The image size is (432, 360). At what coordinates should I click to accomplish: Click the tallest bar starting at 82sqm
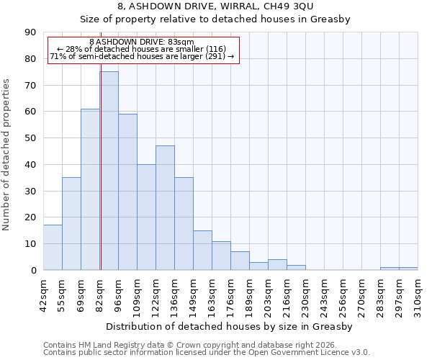[x=109, y=171]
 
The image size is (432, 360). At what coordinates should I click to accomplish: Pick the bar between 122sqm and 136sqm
[x=165, y=208]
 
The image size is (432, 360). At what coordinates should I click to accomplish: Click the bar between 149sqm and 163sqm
[x=202, y=250]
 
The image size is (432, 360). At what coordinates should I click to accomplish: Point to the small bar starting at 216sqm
[x=296, y=267]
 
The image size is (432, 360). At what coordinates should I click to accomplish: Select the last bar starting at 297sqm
[x=408, y=269]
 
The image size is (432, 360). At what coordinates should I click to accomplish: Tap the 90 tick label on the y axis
[x=30, y=32]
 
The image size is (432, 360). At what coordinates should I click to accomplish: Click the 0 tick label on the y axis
[x=33, y=270]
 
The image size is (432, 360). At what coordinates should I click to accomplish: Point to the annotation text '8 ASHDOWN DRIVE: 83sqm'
[x=142, y=42]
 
